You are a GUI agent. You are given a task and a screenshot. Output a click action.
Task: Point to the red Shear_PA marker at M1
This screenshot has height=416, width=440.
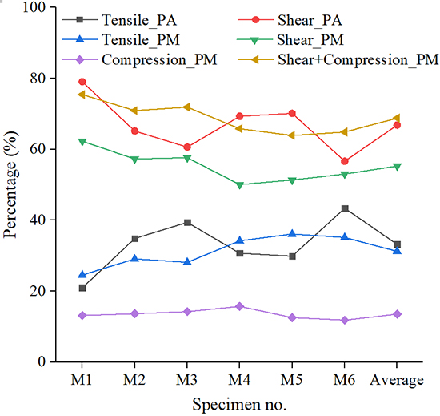(82, 82)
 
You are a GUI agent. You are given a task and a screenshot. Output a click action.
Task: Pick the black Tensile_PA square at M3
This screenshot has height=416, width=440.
(187, 222)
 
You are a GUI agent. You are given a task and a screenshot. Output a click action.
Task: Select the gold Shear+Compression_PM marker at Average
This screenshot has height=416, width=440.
(397, 118)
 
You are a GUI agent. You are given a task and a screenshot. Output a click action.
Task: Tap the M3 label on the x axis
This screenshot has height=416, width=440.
(187, 380)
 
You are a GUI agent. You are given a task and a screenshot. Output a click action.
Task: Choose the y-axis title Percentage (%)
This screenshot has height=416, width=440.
(11, 184)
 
